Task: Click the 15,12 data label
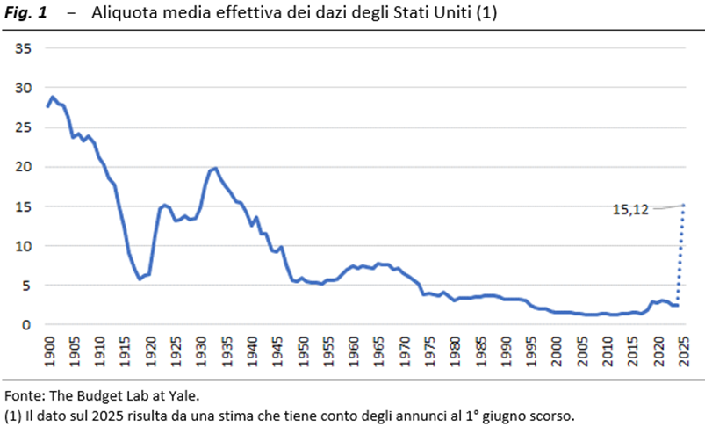click(629, 209)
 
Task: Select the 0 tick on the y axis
click(27, 325)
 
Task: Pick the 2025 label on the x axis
click(682, 349)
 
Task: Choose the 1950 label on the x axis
click(301, 349)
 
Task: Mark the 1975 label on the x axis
click(428, 349)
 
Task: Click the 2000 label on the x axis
click(556, 349)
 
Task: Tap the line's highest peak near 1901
click(53, 97)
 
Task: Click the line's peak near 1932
click(215, 168)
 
